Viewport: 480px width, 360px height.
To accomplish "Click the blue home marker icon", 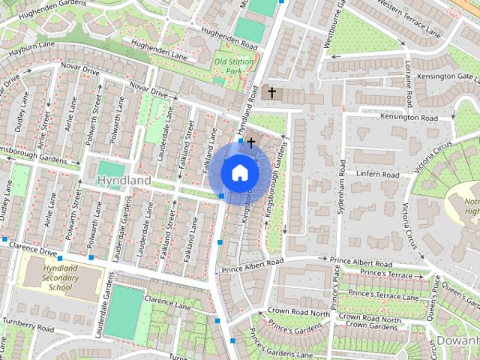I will click(x=239, y=172).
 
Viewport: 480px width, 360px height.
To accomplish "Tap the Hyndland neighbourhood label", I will click(x=124, y=181).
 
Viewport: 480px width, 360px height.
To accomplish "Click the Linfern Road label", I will click(x=378, y=174).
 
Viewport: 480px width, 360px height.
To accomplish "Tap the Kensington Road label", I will click(x=408, y=118).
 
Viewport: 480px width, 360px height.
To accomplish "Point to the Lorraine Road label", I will click(x=409, y=82).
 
